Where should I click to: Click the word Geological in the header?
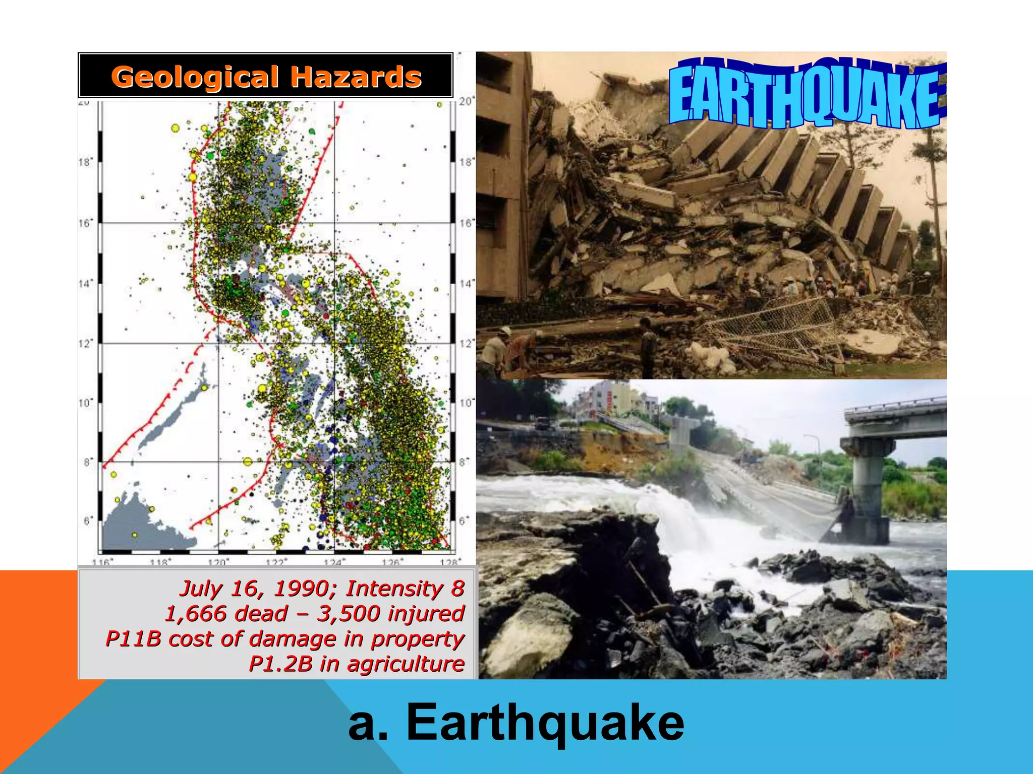pyautogui.click(x=194, y=78)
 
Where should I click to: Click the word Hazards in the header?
pyautogui.click(x=356, y=78)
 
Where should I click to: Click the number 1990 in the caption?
pyautogui.click(x=301, y=589)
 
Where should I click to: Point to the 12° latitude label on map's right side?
pyautogui.click(x=467, y=344)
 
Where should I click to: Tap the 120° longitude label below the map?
pyautogui.click(x=218, y=561)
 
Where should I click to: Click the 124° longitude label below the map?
pyautogui.click(x=334, y=561)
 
